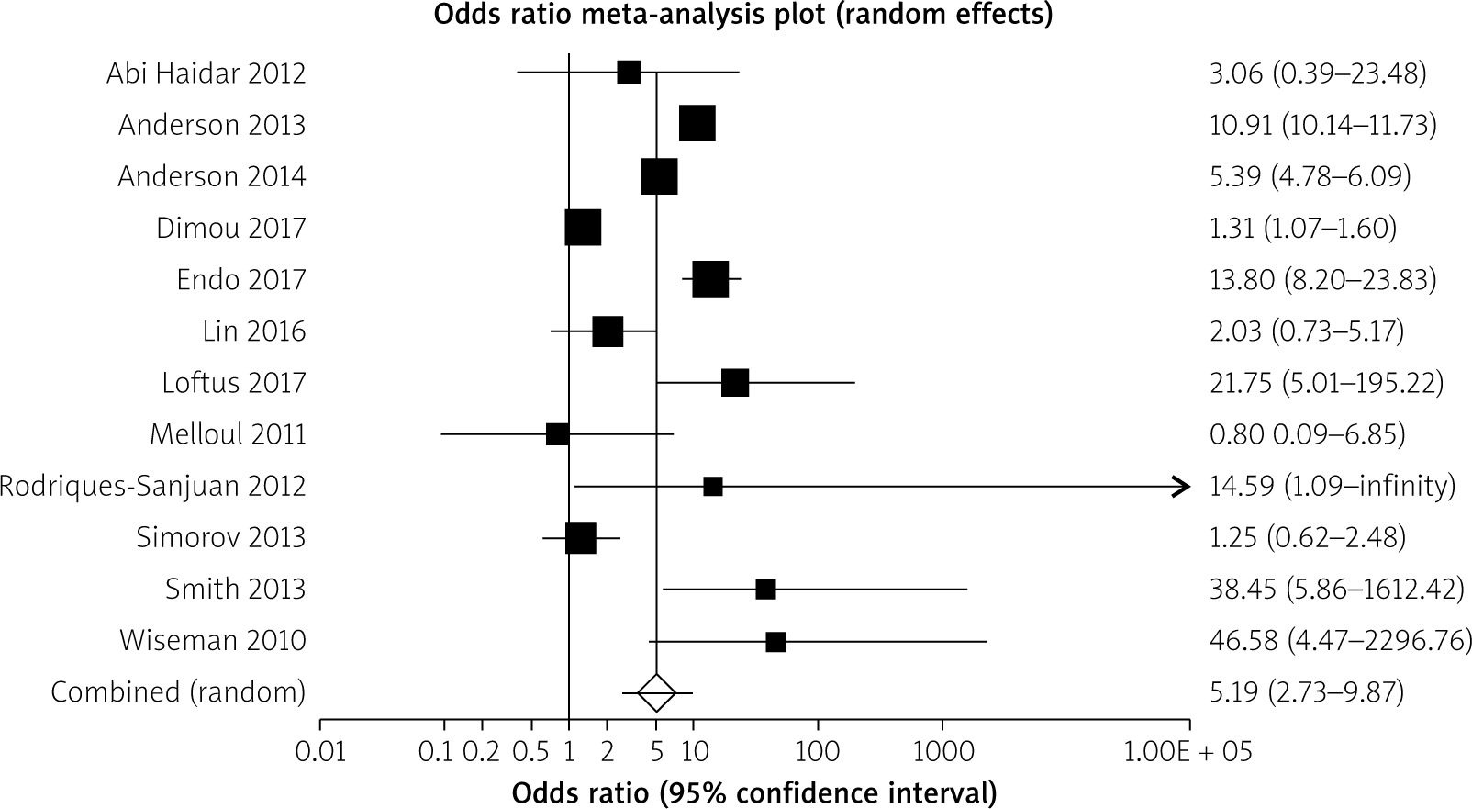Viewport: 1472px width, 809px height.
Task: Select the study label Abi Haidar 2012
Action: tap(206, 73)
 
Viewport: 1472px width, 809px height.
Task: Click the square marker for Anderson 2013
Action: tap(697, 124)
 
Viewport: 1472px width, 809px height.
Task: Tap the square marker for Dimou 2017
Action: tap(583, 228)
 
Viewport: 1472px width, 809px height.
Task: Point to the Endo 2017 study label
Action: tap(240, 279)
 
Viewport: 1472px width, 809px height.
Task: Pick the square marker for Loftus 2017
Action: tap(735, 383)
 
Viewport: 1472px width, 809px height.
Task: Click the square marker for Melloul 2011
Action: tap(557, 434)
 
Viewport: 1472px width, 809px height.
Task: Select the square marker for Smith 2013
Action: tap(765, 590)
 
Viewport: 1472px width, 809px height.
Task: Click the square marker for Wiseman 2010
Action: tap(775, 642)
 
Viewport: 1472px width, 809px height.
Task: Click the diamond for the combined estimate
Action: tap(656, 692)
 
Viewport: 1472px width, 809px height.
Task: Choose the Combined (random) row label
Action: tap(178, 691)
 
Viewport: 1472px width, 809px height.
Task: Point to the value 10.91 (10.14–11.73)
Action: tap(1322, 125)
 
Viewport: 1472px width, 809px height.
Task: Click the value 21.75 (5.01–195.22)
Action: tap(1326, 383)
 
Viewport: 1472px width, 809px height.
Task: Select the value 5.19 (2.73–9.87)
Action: tap(1307, 691)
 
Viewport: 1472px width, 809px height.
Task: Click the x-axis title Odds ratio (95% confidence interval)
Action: tap(754, 792)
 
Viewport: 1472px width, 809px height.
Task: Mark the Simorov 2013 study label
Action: tap(220, 537)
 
